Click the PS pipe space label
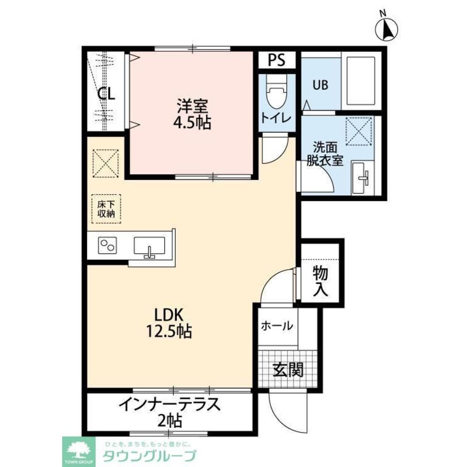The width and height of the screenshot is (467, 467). (x=276, y=60)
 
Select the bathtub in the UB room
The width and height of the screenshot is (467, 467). (x=361, y=81)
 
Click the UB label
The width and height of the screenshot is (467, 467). (x=320, y=85)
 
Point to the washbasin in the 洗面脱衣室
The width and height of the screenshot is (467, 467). (x=362, y=177)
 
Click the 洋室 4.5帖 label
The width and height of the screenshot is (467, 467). (x=192, y=114)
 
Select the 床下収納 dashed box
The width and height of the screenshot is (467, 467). (x=106, y=209)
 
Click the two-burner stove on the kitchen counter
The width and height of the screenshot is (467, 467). (x=108, y=246)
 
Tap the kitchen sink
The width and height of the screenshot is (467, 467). (x=149, y=246)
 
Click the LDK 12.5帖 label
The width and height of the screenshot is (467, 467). (x=168, y=323)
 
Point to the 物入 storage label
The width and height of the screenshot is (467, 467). (x=321, y=281)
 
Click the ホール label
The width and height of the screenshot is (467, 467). (x=277, y=325)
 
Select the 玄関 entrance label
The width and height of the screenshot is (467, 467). (x=288, y=370)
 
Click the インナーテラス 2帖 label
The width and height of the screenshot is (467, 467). (x=170, y=412)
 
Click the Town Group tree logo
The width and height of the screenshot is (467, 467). (x=79, y=452)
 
